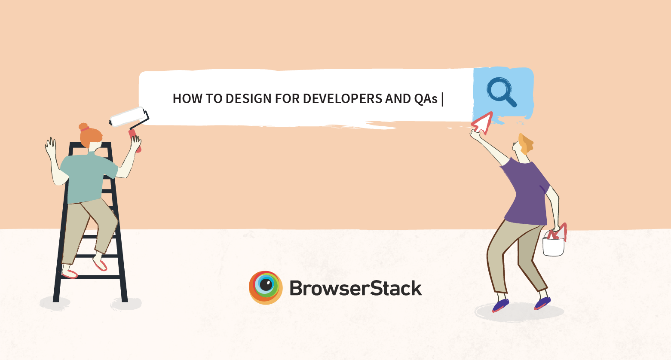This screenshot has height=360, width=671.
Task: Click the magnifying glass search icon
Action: pos(501,92)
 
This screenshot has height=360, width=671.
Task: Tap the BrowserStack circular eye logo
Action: pos(266,287)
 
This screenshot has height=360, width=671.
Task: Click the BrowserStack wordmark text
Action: pos(356,288)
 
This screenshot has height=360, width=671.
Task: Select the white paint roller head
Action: pos(127,116)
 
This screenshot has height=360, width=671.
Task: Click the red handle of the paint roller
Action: pos(135,140)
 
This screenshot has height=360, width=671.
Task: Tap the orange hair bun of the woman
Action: pos(84,127)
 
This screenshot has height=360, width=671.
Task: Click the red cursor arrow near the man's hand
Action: pos(483,123)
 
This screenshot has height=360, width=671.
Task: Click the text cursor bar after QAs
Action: pos(443,99)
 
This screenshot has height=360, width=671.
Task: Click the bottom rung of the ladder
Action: pos(90,277)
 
